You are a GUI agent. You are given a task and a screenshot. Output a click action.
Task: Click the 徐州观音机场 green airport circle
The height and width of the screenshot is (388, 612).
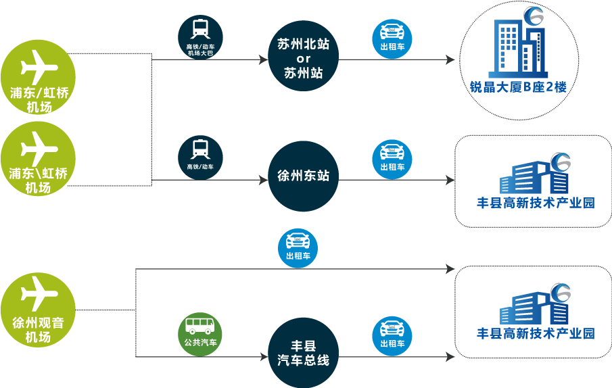click(38, 311)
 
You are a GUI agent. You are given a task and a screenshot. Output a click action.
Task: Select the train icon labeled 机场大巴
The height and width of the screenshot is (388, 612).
click(200, 30)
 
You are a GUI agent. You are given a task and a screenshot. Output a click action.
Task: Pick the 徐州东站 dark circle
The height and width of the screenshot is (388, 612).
click(303, 176)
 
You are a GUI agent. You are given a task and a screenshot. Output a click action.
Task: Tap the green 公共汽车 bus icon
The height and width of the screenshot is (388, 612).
click(200, 326)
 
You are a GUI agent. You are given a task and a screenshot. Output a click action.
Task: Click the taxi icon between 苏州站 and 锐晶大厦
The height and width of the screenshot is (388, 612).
click(393, 31)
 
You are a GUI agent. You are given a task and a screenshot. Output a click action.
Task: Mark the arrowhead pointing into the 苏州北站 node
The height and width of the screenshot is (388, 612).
click(264, 59)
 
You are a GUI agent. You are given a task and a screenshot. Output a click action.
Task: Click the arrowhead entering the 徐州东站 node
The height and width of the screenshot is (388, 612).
click(264, 180)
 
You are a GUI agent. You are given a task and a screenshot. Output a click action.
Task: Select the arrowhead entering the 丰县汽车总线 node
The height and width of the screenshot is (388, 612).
click(264, 356)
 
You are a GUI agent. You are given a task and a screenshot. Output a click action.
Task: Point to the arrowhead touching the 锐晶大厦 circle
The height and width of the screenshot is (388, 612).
click(451, 59)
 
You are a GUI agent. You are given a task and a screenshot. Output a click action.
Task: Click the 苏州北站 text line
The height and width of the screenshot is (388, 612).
click(304, 44)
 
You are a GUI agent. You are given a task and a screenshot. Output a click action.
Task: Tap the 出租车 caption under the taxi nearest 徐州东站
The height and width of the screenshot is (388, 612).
click(393, 167)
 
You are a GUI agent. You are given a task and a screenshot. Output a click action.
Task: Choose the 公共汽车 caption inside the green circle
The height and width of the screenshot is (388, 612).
click(200, 342)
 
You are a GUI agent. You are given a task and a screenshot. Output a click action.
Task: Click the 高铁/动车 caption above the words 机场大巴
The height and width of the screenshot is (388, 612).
click(200, 47)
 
